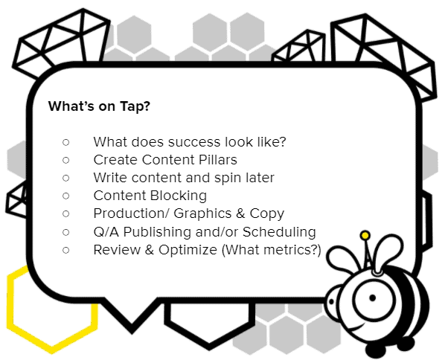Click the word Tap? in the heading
pyautogui.click(x=135, y=106)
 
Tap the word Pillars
pyautogui.click(x=218, y=160)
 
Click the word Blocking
pyautogui.click(x=179, y=196)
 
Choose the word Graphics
pyautogui.click(x=202, y=214)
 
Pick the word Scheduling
pyautogui.click(x=279, y=232)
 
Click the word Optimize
pyautogui.click(x=188, y=250)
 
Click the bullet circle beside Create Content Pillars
pyautogui.click(x=65, y=160)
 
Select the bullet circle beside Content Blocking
pyautogui.click(x=65, y=196)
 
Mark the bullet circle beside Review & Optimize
pyautogui.click(x=65, y=250)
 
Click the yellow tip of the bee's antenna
pyautogui.click(x=365, y=236)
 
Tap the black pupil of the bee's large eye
pyautogui.click(x=373, y=298)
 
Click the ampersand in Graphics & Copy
pyautogui.click(x=240, y=213)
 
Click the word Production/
pyautogui.click(x=132, y=213)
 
